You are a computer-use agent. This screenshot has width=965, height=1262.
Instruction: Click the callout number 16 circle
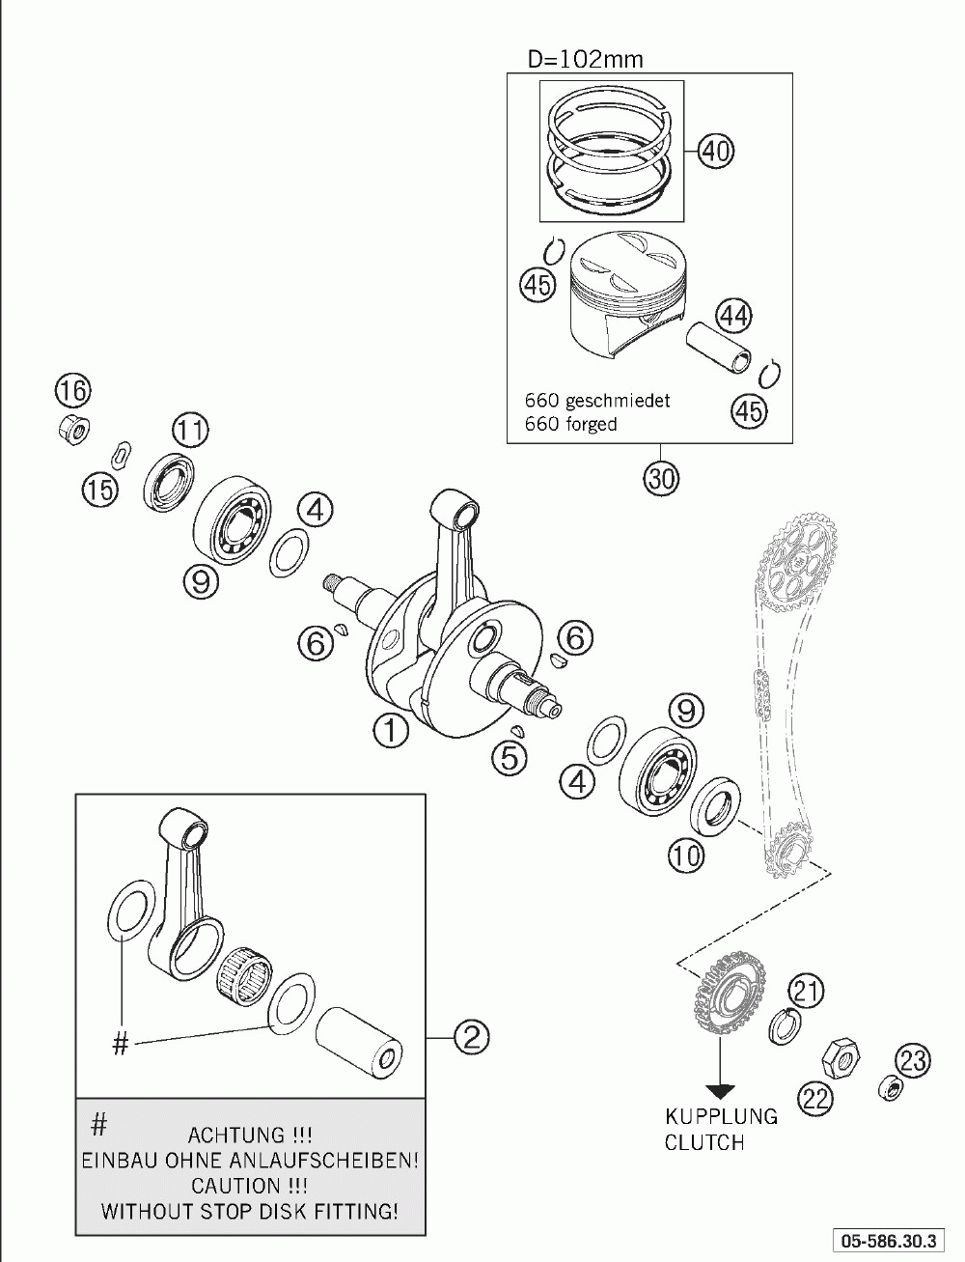coord(72,391)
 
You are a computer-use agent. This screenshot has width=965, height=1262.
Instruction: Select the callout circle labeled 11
coord(190,430)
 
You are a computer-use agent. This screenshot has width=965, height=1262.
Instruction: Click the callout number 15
coord(98,489)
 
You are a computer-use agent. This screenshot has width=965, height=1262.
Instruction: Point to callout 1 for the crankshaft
coord(391,730)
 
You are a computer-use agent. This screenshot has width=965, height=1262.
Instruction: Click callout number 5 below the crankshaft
coord(509,757)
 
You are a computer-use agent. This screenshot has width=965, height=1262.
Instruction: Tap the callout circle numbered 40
coord(715,151)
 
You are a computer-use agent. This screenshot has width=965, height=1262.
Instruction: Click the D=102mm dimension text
coord(584,59)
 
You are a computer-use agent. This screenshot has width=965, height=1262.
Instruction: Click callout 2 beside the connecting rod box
coord(471,1037)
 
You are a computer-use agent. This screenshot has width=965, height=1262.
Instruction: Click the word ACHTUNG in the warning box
coord(235,1134)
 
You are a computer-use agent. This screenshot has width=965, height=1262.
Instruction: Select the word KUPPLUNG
coord(721,1116)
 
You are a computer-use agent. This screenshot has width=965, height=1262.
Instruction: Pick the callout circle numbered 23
coord(912,1060)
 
